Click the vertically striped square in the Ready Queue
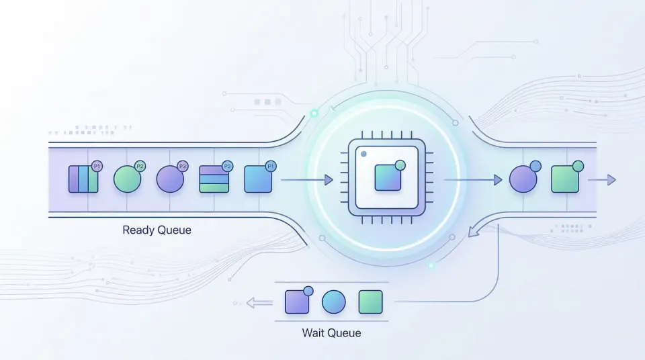(83, 179)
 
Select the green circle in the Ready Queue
(127, 179)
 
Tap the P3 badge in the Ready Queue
(181, 167)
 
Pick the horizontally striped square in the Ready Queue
(214, 179)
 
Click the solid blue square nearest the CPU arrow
(257, 179)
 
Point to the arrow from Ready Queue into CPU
(306, 179)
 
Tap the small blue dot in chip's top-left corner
(364, 154)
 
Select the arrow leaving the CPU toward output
(474, 179)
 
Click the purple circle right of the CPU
(523, 179)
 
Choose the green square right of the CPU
(564, 179)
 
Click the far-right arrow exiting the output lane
(602, 179)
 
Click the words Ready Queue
(157, 230)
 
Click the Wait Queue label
(331, 332)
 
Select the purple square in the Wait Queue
(297, 302)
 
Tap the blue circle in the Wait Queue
(333, 302)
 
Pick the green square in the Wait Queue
(370, 302)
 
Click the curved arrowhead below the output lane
(474, 232)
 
